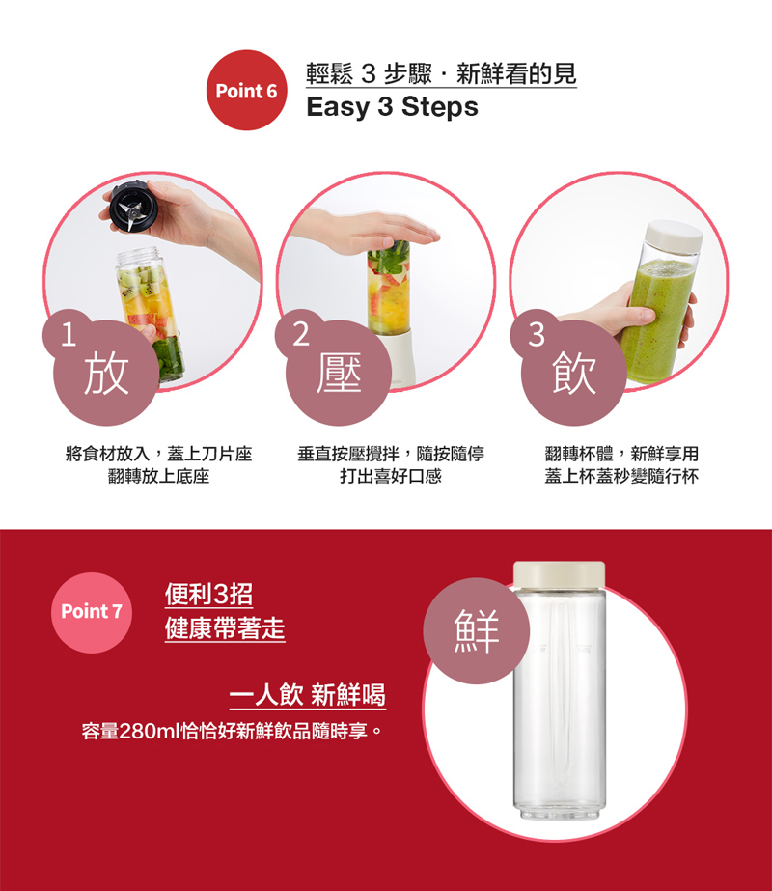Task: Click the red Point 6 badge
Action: tap(246, 91)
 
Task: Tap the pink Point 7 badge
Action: tap(92, 612)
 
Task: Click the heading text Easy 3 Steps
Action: tap(392, 107)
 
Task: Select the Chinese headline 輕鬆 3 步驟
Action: tap(369, 74)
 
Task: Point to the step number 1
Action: tap(69, 335)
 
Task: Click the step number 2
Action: tap(301, 334)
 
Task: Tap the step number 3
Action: tap(537, 334)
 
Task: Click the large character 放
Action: tap(106, 373)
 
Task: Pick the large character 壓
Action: tap(339, 373)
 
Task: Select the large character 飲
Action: tap(574, 373)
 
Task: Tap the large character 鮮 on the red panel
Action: tap(477, 630)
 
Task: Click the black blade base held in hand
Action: tap(133, 207)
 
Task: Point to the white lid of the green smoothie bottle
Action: tap(674, 236)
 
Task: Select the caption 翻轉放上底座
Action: tap(158, 476)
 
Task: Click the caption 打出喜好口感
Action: tap(391, 476)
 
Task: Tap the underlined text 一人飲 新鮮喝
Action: tap(307, 695)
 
